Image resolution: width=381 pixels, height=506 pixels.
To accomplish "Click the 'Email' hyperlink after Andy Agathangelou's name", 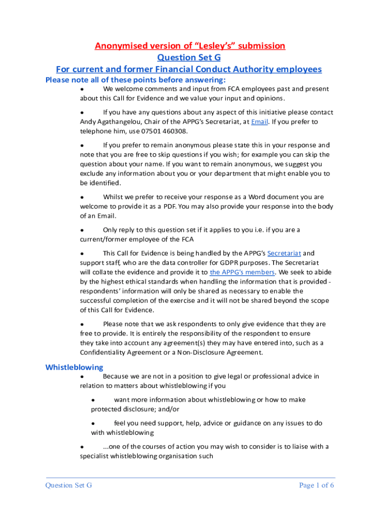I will click(259, 122).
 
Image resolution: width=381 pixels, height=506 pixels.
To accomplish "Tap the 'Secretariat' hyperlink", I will click(284, 253).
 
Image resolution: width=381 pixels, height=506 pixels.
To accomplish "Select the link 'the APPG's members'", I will click(242, 272).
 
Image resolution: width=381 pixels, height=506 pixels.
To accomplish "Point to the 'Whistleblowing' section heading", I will click(74, 367).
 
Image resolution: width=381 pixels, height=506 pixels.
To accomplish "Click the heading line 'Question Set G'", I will click(189, 58).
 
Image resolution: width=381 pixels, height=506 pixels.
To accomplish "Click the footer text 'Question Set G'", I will click(69, 485).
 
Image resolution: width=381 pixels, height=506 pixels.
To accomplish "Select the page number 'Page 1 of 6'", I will click(317, 485).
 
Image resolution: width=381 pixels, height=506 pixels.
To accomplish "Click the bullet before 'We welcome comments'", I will click(82, 89).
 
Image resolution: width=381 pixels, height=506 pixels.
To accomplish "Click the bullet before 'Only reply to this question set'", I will click(82, 230).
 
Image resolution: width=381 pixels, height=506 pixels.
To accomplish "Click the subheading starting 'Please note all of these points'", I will click(136, 80).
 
